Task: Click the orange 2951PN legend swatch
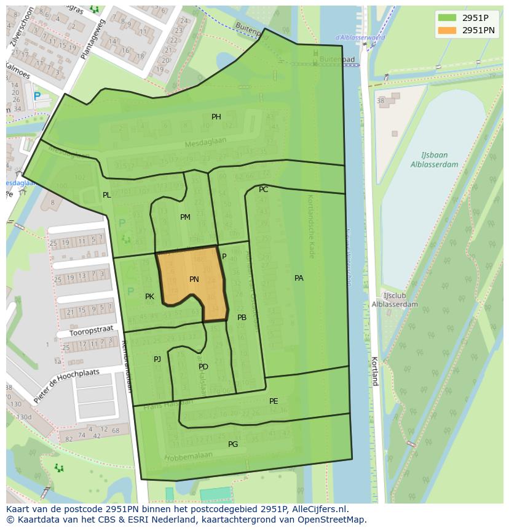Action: [448, 30]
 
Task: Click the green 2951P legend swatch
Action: [448, 18]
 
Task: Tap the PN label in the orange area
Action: [194, 279]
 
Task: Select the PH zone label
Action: [216, 117]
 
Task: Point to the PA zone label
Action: [299, 278]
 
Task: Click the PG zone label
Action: [233, 444]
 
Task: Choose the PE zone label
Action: [274, 401]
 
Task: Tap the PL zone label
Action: [107, 195]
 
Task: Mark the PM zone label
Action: [185, 217]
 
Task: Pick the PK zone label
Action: [149, 297]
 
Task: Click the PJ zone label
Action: [157, 359]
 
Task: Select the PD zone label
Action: [203, 367]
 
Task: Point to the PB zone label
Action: [242, 318]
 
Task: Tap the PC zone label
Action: [263, 190]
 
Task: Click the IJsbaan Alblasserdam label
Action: [435, 160]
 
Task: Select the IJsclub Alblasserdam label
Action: [395, 300]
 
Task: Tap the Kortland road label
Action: [374, 371]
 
